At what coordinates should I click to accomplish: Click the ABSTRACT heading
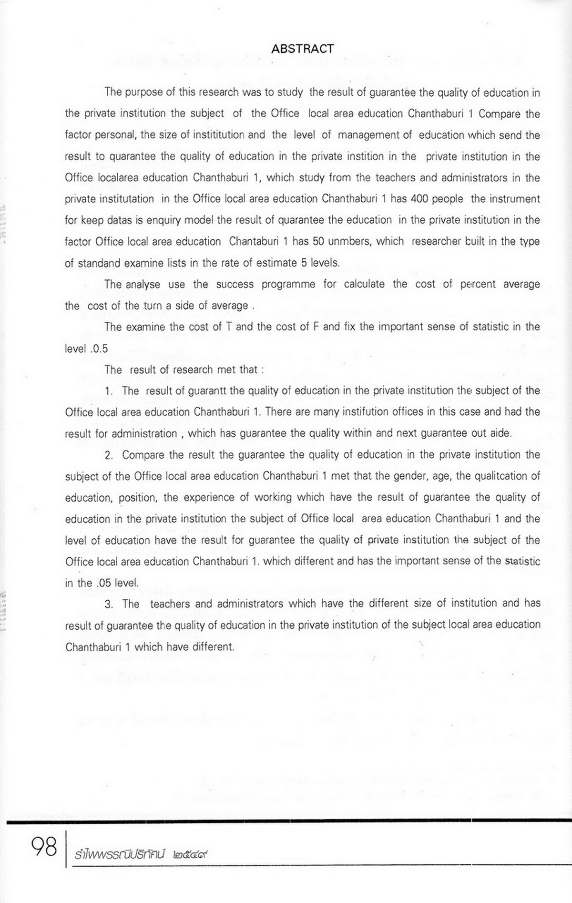302,49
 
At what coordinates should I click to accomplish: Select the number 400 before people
419,199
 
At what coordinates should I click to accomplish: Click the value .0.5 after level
99,349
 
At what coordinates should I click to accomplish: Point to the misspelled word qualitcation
499,476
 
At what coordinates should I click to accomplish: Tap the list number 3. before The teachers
109,604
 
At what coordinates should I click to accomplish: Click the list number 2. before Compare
109,455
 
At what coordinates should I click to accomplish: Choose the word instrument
505,199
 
